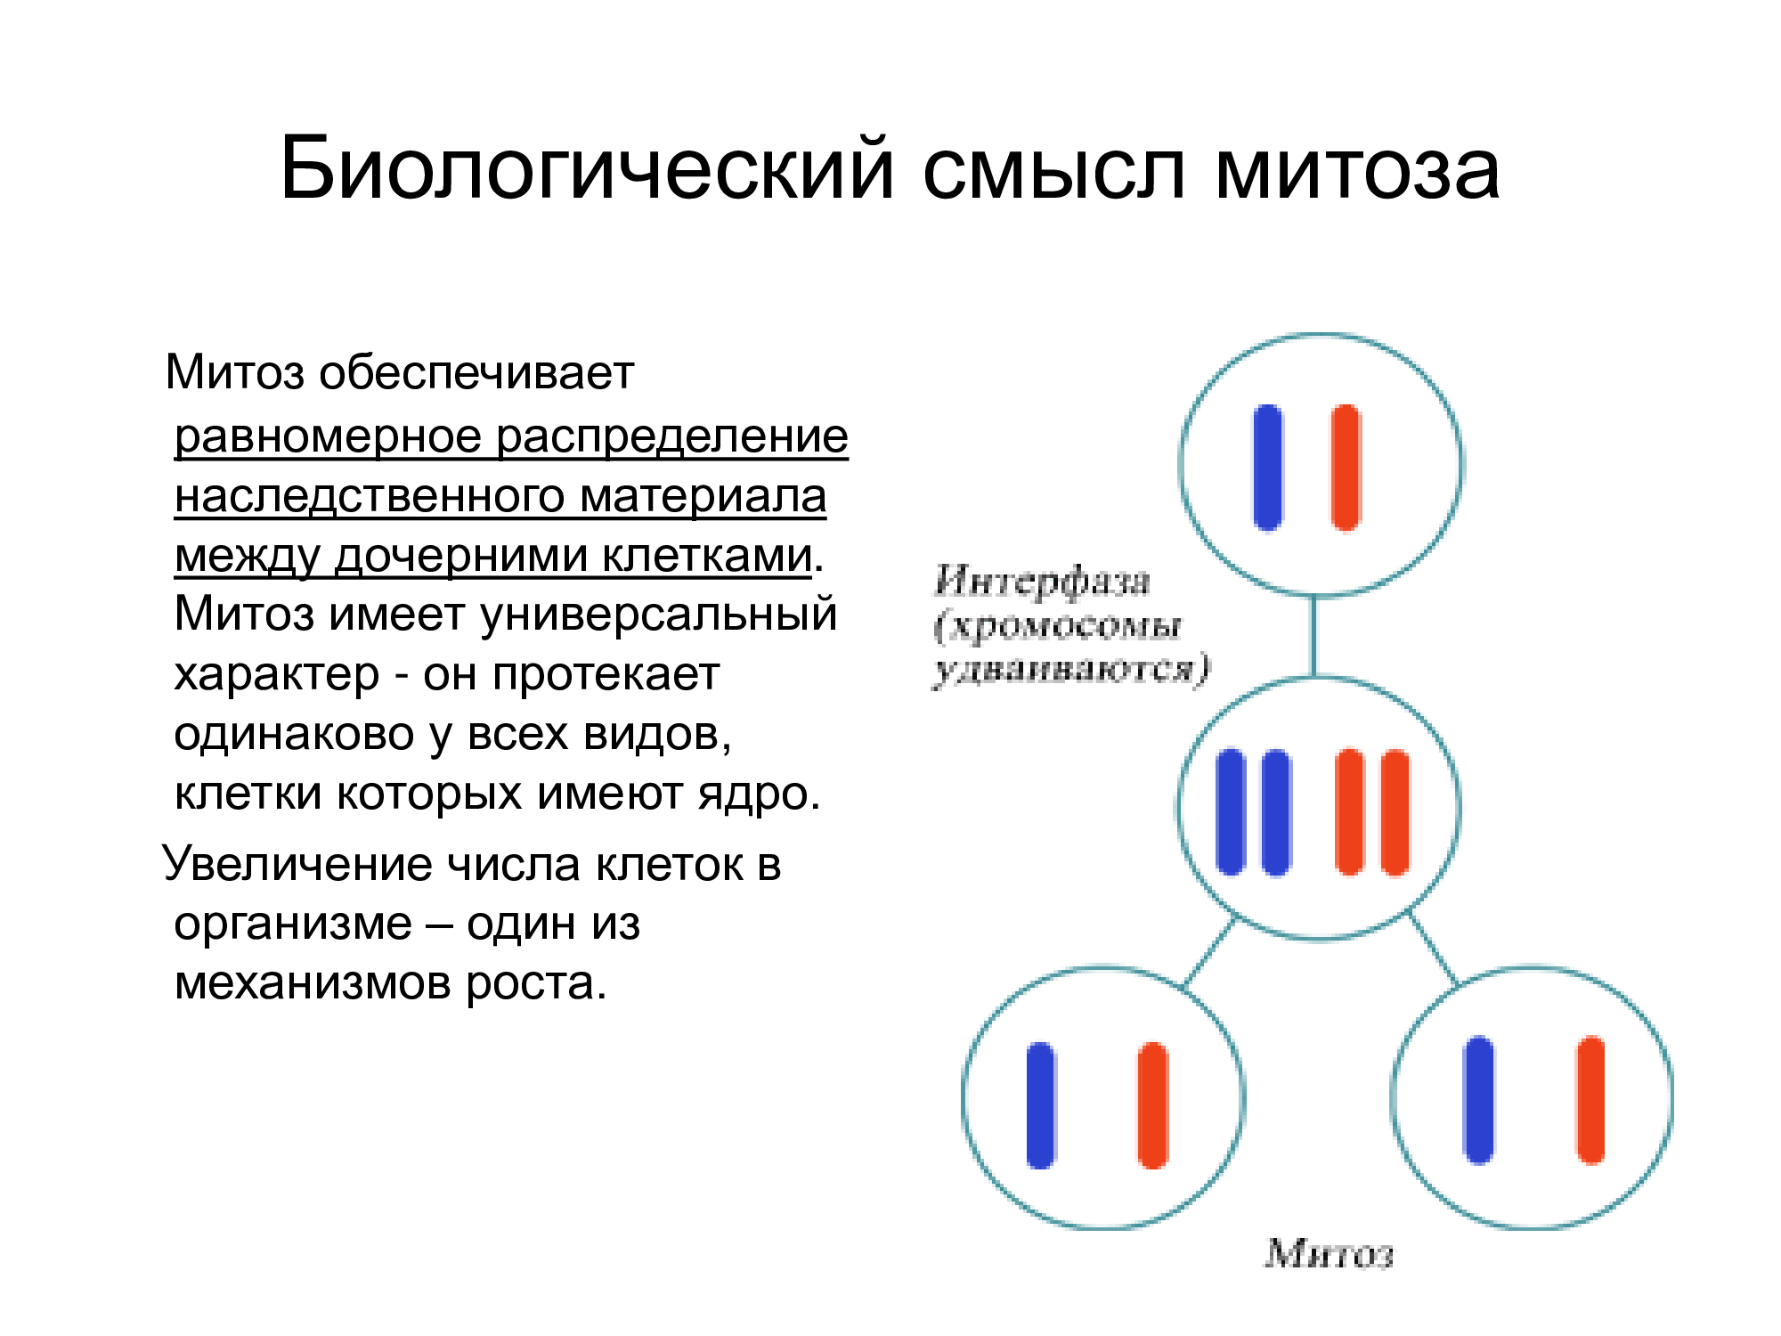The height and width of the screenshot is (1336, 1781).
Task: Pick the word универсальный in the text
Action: click(660, 615)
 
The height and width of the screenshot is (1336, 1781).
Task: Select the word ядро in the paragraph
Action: click(760, 794)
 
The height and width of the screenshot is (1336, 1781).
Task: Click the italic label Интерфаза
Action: click(1043, 582)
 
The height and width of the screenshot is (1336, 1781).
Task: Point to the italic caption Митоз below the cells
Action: click(1329, 1254)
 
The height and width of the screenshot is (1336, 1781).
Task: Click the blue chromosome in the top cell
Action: click(1268, 468)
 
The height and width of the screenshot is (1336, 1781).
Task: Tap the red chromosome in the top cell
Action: click(1346, 468)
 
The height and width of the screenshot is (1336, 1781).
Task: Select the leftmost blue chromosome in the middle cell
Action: click(1231, 811)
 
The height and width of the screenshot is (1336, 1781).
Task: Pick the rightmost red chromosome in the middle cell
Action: click(1395, 811)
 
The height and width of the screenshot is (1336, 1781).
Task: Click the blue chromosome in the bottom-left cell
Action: click(1041, 1104)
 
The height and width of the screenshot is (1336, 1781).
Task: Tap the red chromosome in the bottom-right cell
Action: click(1590, 1099)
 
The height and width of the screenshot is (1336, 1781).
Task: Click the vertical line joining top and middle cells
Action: click(1313, 636)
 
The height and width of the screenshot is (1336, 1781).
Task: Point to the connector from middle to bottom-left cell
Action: click(1209, 951)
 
